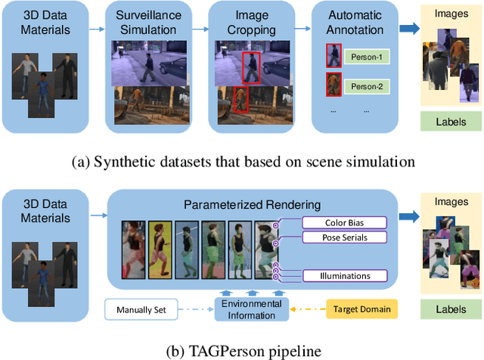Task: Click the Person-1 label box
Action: (x=368, y=57)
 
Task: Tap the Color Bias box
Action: (x=344, y=222)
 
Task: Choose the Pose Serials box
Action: (x=344, y=237)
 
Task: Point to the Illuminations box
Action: (x=344, y=275)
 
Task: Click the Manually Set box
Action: (x=141, y=309)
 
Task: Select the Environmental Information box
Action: (x=252, y=309)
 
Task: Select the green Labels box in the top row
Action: (x=451, y=120)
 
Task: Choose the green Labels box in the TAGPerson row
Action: (x=451, y=309)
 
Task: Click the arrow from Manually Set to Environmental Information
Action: (x=195, y=309)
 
